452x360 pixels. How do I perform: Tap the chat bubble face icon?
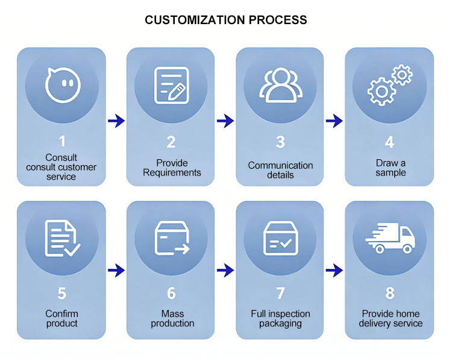(63, 85)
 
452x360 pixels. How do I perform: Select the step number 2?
(171, 142)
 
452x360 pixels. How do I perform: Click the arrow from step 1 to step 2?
(116, 121)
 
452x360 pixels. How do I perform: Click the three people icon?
(281, 85)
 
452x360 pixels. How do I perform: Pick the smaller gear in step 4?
(402, 75)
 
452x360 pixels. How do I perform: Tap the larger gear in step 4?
(381, 92)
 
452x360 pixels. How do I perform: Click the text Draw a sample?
(391, 168)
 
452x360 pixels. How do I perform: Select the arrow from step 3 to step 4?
(334, 121)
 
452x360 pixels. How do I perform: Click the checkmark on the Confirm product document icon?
(72, 250)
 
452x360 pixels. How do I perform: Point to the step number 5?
(62, 293)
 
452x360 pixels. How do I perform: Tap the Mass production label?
(172, 318)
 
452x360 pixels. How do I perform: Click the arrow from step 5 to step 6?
(116, 270)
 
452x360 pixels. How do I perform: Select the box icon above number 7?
(281, 238)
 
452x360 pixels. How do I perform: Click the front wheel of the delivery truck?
(407, 248)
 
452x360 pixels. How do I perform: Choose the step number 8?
(390, 293)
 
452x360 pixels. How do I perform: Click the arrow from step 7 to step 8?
(334, 270)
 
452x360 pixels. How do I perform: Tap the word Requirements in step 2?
(172, 172)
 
